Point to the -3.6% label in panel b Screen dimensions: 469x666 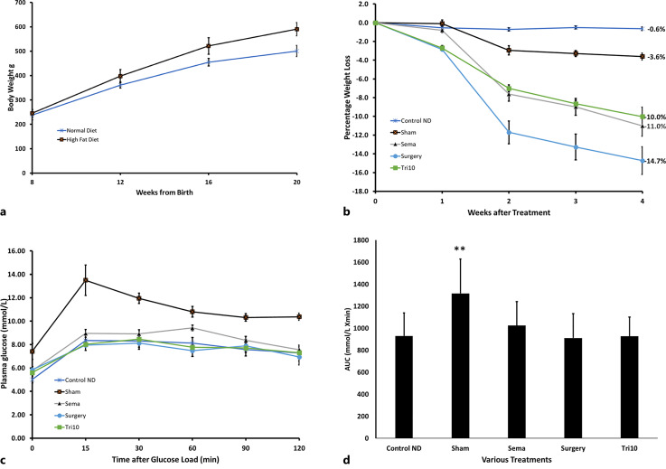[x=655, y=57]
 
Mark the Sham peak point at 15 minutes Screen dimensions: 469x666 [x=86, y=280]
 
